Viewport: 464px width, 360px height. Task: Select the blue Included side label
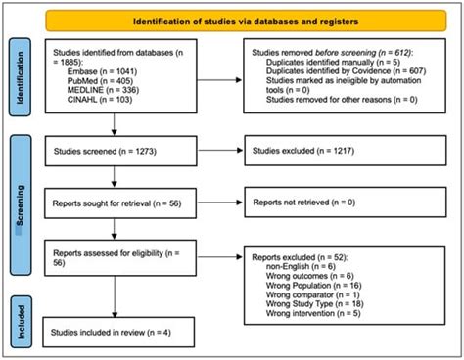point(20,327)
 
